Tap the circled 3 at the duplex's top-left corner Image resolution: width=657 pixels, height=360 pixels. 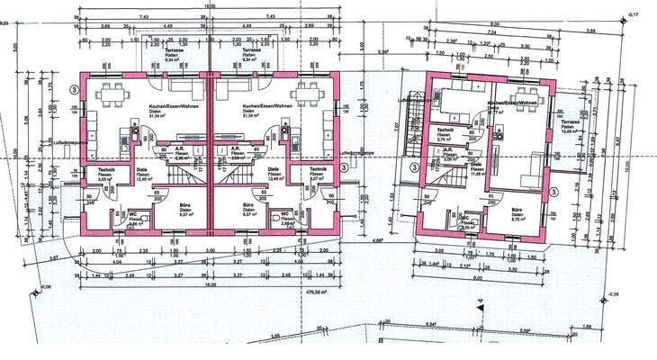point(75,90)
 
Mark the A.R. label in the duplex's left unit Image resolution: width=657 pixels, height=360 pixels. point(180,149)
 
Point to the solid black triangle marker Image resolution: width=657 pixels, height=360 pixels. point(481,306)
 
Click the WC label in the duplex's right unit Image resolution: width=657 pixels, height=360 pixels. point(286,213)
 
